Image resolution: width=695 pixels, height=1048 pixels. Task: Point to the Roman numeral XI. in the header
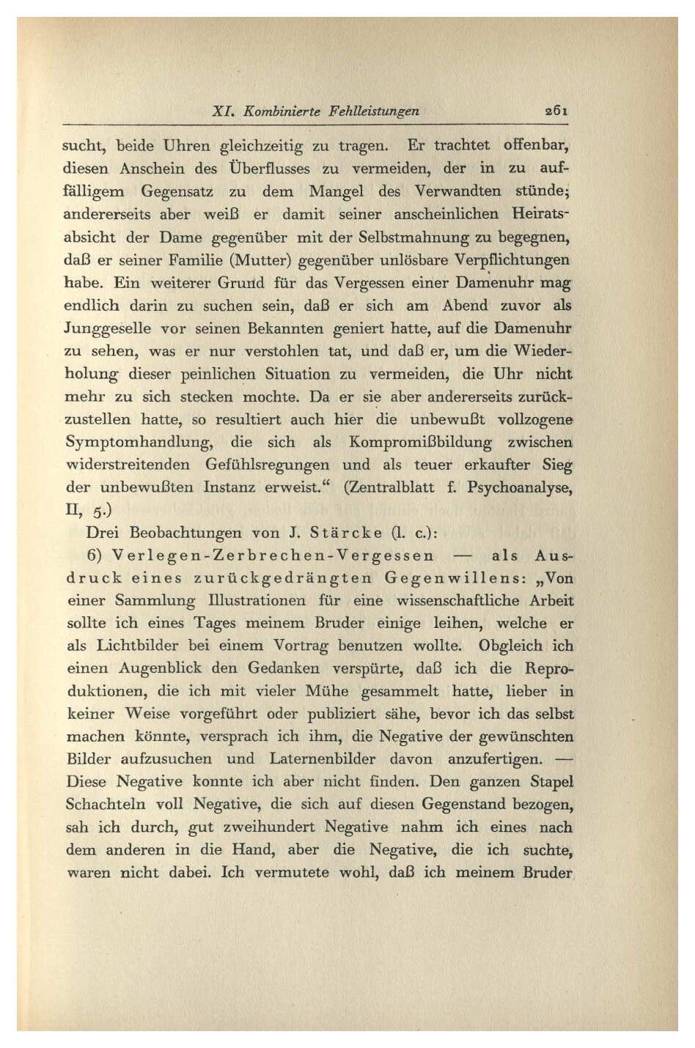click(x=223, y=111)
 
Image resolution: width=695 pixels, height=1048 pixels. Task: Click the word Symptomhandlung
click(x=139, y=443)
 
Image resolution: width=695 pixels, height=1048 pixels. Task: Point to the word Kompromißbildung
click(x=420, y=443)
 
